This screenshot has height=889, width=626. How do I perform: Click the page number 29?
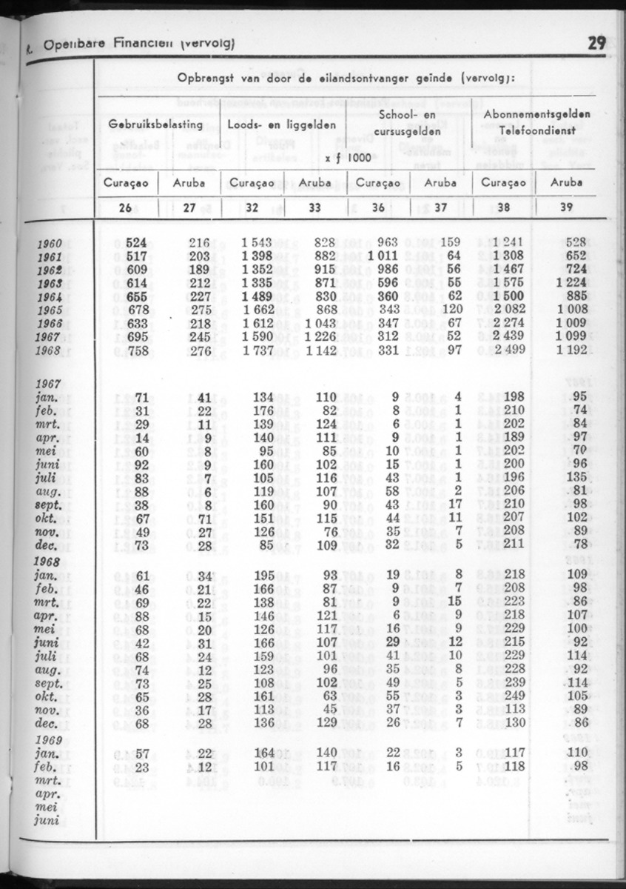[x=597, y=42]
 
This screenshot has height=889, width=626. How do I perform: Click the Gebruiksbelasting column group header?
[x=155, y=124]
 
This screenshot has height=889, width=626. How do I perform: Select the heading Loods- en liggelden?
[x=284, y=124]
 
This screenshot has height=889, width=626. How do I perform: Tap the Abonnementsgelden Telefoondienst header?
[x=536, y=121]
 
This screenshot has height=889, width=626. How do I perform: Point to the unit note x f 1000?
[x=348, y=158]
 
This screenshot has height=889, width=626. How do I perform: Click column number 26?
[x=125, y=208]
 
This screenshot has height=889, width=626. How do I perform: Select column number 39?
[x=567, y=208]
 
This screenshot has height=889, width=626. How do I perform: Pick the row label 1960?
[x=50, y=243]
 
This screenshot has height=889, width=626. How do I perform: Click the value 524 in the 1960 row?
[x=136, y=242]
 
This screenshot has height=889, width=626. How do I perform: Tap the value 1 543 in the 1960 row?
[x=258, y=242]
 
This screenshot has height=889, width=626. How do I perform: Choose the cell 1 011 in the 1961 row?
[x=382, y=256]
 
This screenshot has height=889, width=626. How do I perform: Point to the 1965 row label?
[x=50, y=310]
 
